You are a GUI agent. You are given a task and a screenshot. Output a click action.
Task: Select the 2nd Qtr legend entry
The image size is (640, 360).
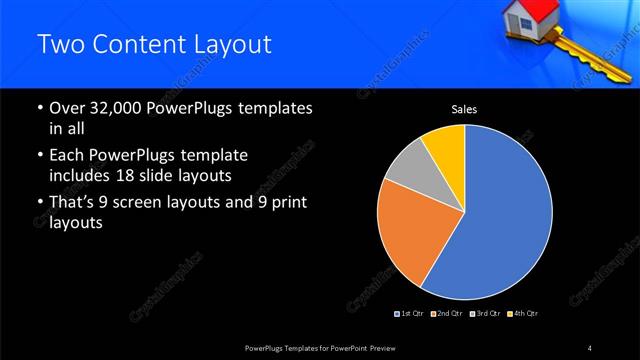coord(448,313)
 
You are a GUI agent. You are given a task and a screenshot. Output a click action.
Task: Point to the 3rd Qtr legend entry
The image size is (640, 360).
coord(486,313)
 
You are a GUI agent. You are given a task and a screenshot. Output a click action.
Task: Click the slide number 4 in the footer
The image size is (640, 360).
coord(589,347)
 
